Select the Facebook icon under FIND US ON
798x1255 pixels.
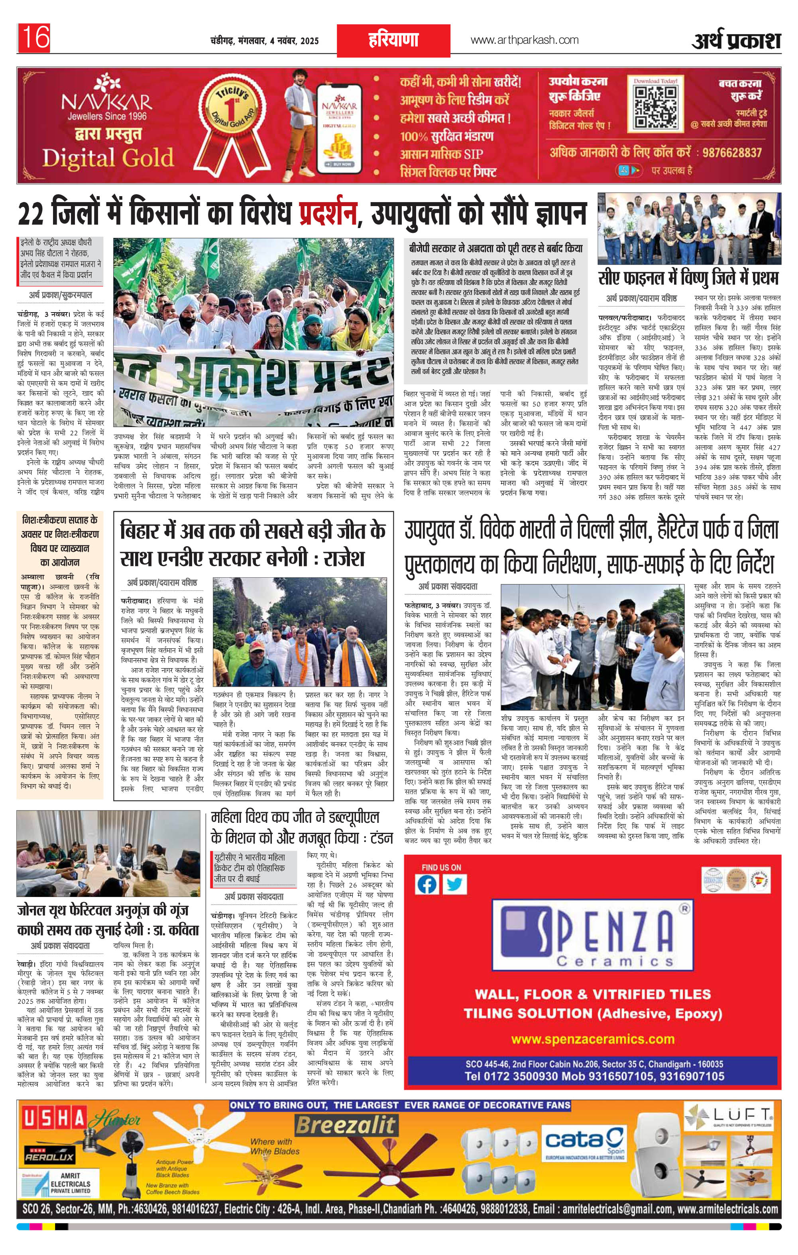click(x=427, y=884)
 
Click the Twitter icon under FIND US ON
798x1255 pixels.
click(x=454, y=884)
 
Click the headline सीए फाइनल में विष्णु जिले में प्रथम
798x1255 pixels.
click(x=688, y=277)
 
